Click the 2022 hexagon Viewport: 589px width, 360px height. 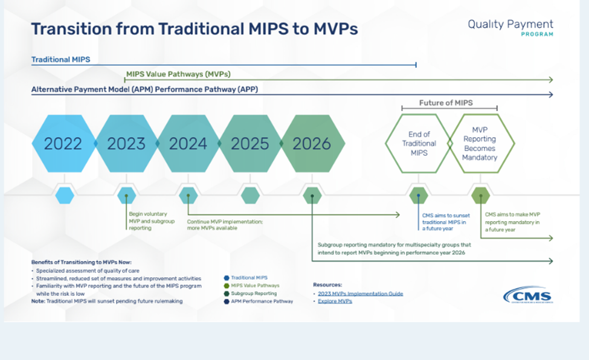click(63, 144)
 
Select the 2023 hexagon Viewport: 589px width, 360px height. click(126, 144)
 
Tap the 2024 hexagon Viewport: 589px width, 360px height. click(188, 144)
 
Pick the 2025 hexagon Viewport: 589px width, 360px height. click(250, 144)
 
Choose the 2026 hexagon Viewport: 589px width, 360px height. click(312, 144)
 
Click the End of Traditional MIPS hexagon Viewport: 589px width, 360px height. click(419, 144)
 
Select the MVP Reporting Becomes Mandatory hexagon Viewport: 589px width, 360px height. click(480, 144)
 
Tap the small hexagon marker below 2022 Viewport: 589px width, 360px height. click(65, 195)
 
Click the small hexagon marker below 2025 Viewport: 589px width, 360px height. click(250, 195)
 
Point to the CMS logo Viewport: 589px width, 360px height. click(527, 296)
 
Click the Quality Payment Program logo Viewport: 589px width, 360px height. click(510, 27)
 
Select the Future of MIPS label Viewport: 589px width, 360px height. click(446, 103)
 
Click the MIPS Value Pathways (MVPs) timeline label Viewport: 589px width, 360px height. click(178, 74)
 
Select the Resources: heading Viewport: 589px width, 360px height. click(327, 284)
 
